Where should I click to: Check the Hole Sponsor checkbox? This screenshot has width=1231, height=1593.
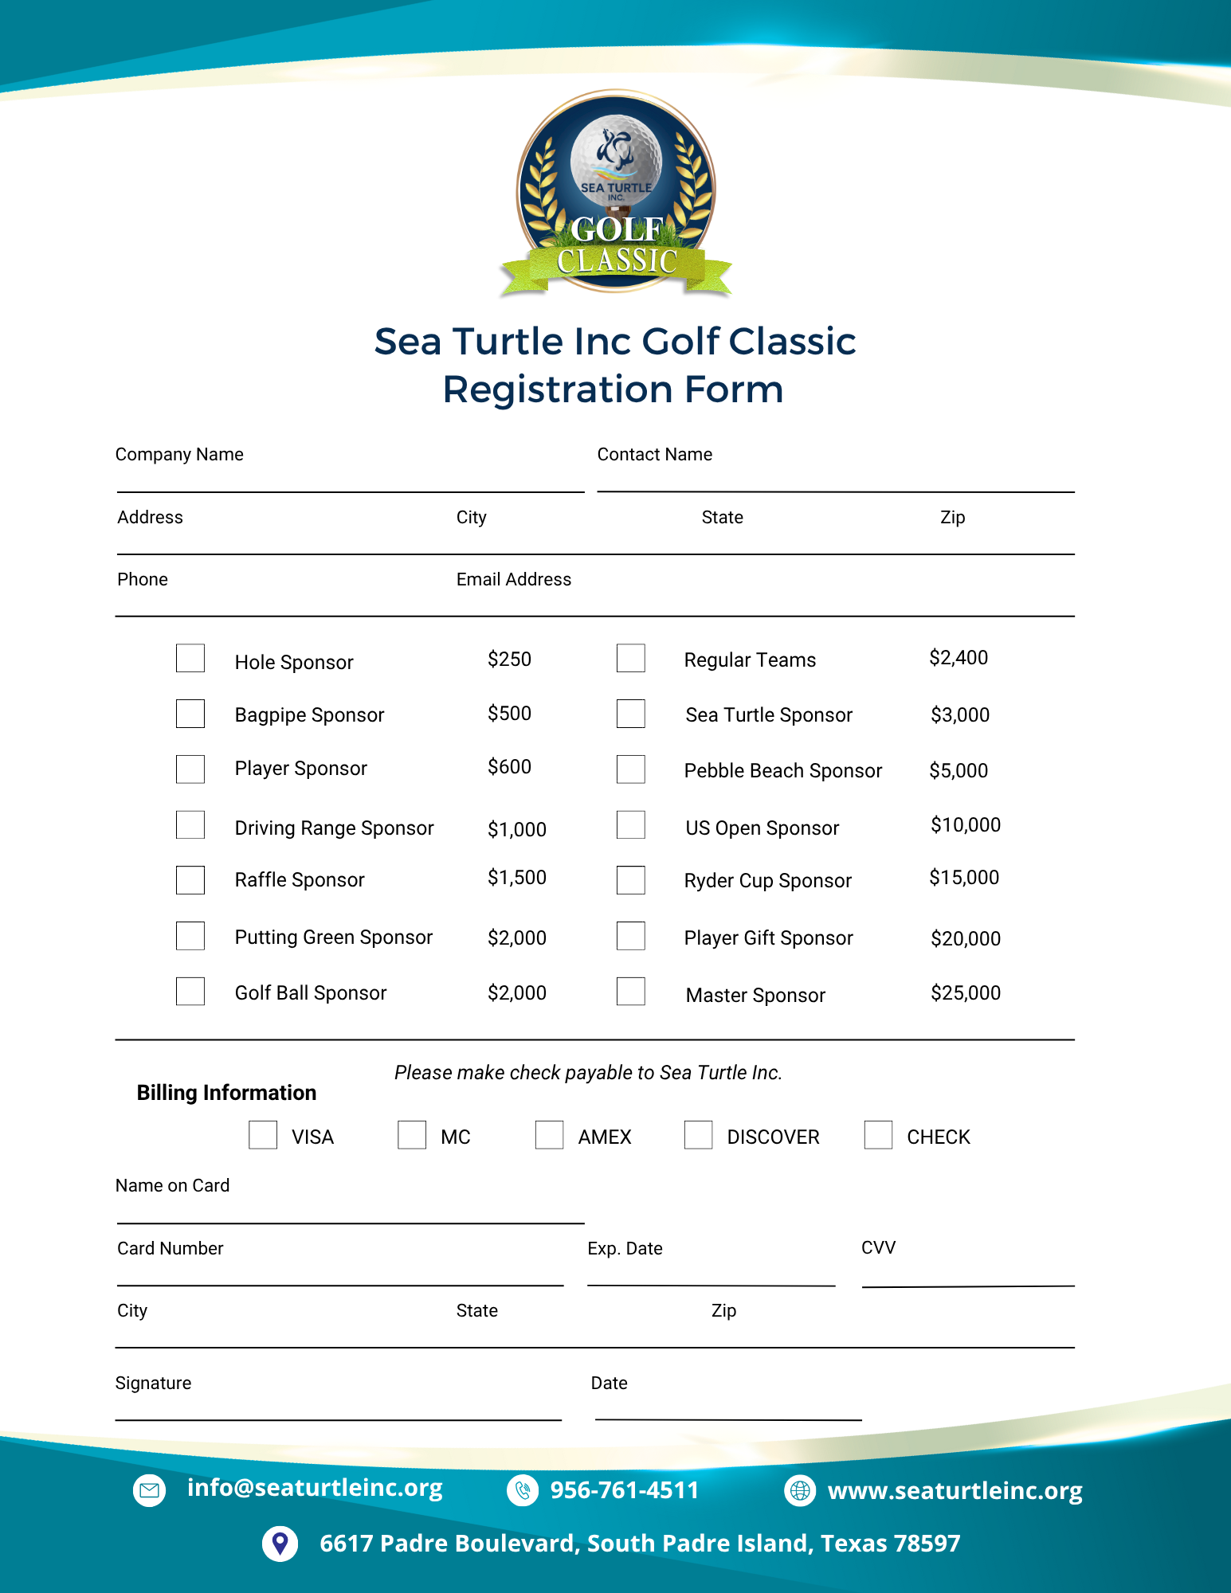(190, 659)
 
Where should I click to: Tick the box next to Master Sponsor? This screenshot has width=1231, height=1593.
(631, 992)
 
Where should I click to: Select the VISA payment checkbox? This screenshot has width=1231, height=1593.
(263, 1135)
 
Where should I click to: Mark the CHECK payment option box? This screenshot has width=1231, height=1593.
(878, 1135)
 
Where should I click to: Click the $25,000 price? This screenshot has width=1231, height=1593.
(966, 993)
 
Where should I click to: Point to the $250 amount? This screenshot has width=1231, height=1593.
(509, 660)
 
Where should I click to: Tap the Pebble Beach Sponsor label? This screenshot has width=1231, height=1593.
(782, 771)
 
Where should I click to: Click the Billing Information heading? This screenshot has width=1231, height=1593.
(226, 1093)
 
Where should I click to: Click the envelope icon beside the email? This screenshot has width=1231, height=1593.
(149, 1490)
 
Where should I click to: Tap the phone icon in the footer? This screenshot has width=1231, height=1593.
(523, 1490)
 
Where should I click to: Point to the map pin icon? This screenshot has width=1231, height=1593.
(280, 1544)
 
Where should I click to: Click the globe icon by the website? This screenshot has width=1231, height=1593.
(800, 1490)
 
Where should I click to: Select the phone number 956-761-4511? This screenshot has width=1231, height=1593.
(624, 1490)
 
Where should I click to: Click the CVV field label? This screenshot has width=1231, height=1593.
(878, 1247)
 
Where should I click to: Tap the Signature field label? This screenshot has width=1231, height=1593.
(153, 1384)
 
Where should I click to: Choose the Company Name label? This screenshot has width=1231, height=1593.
(179, 455)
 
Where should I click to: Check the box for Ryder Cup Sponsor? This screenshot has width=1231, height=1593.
(631, 880)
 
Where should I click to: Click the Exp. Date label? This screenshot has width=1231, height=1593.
(625, 1249)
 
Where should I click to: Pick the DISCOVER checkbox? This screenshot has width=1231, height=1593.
(699, 1135)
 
